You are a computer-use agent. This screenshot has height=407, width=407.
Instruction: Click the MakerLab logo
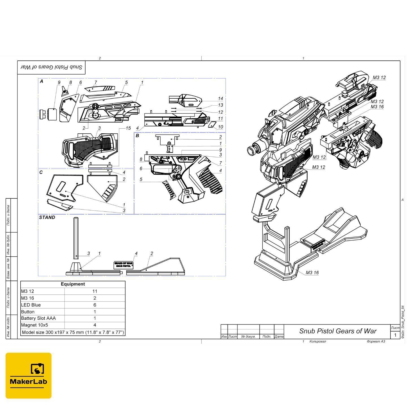pyautogui.click(x=29, y=375)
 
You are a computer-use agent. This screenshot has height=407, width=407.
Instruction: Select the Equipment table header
pyautogui.click(x=73, y=284)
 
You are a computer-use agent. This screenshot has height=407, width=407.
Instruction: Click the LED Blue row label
pyautogui.click(x=31, y=305)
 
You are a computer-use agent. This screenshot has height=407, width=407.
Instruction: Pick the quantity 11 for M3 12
pyautogui.click(x=95, y=291)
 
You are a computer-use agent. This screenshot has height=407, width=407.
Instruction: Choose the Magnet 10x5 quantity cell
pyautogui.click(x=95, y=325)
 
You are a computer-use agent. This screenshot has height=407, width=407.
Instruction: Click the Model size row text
pyautogui.click(x=73, y=332)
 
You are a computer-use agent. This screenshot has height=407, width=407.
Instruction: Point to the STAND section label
pyautogui.click(x=47, y=217)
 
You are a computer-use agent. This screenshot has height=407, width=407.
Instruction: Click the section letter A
pyautogui.click(x=42, y=81)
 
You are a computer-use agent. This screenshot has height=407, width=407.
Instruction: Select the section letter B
pyautogui.click(x=137, y=136)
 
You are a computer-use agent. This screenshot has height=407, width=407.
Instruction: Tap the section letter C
pyautogui.click(x=41, y=172)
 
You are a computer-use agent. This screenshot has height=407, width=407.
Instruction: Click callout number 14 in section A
pyautogui.click(x=220, y=98)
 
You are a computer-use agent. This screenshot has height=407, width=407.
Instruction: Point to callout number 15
pyautogui.click(x=128, y=128)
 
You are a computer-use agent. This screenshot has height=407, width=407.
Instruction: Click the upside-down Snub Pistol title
pyautogui.click(x=52, y=67)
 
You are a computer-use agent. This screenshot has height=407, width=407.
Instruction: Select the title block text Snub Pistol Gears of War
pyautogui.click(x=338, y=331)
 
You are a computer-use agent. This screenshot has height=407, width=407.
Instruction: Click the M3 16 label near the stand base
pyautogui.click(x=312, y=273)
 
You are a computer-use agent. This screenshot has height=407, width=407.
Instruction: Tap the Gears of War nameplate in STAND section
pyautogui.click(x=124, y=265)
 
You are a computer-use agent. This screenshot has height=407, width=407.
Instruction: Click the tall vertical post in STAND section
pyautogui.click(x=76, y=238)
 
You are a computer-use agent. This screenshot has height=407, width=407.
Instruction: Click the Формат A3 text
pyautogui.click(x=376, y=341)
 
